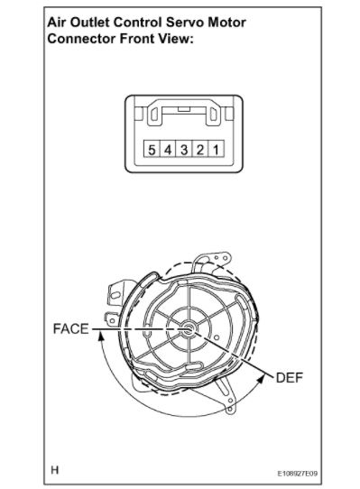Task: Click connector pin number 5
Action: click(152, 149)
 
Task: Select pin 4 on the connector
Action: click(168, 149)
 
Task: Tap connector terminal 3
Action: click(184, 149)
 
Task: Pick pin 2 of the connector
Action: click(200, 149)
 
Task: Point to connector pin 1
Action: click(216, 149)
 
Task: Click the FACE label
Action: click(70, 329)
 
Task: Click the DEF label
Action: click(290, 378)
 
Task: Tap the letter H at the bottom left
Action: click(55, 470)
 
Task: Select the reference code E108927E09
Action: click(298, 474)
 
